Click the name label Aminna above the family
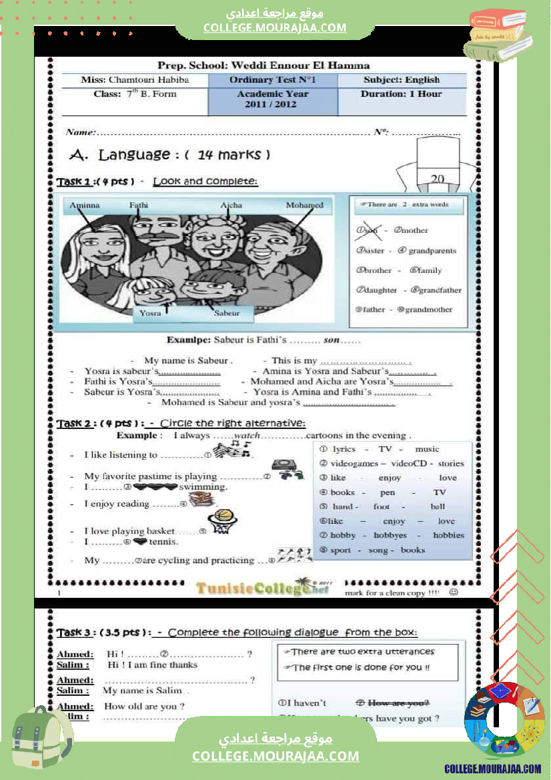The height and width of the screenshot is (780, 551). pyautogui.click(x=85, y=206)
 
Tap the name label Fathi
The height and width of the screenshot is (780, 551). pyautogui.click(x=139, y=206)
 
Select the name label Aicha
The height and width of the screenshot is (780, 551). pyautogui.click(x=231, y=206)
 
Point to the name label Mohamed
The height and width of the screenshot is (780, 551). pyautogui.click(x=304, y=206)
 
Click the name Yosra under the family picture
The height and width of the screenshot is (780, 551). pyautogui.click(x=150, y=312)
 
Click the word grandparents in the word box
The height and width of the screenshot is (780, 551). pyautogui.click(x=432, y=251)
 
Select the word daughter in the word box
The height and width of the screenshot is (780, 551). pyautogui.click(x=380, y=290)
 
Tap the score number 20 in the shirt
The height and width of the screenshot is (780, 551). pyautogui.click(x=438, y=178)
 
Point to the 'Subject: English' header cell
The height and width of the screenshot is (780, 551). pyautogui.click(x=402, y=80)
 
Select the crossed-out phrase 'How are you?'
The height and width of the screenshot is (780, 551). pyautogui.click(x=398, y=703)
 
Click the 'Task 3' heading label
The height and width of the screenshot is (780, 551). pyautogui.click(x=78, y=633)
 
